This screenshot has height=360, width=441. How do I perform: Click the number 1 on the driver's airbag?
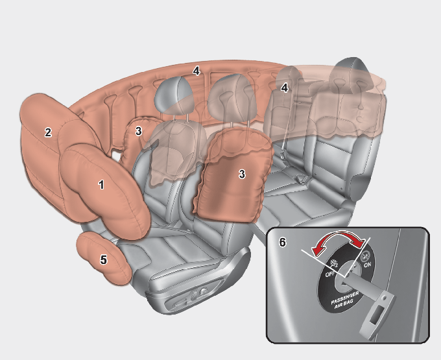(101, 184)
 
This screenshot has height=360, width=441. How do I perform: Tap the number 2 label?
(48, 132)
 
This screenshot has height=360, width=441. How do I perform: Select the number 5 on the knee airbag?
(104, 259)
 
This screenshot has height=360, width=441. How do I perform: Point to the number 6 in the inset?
(282, 242)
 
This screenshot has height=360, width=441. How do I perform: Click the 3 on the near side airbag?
(242, 174)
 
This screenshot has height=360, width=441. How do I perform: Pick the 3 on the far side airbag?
(138, 131)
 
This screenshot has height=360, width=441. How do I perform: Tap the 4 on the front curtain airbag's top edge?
(197, 71)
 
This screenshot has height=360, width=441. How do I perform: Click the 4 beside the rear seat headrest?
(284, 88)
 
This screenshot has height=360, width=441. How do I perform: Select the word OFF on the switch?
(330, 273)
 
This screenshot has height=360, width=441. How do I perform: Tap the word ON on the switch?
(368, 265)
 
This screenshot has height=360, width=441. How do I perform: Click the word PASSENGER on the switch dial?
(345, 298)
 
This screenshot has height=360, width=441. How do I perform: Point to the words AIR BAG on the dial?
(344, 305)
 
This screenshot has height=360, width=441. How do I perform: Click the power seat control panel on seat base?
(191, 298)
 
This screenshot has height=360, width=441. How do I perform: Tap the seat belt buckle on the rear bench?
(302, 179)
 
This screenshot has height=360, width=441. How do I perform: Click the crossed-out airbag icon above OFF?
(335, 263)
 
